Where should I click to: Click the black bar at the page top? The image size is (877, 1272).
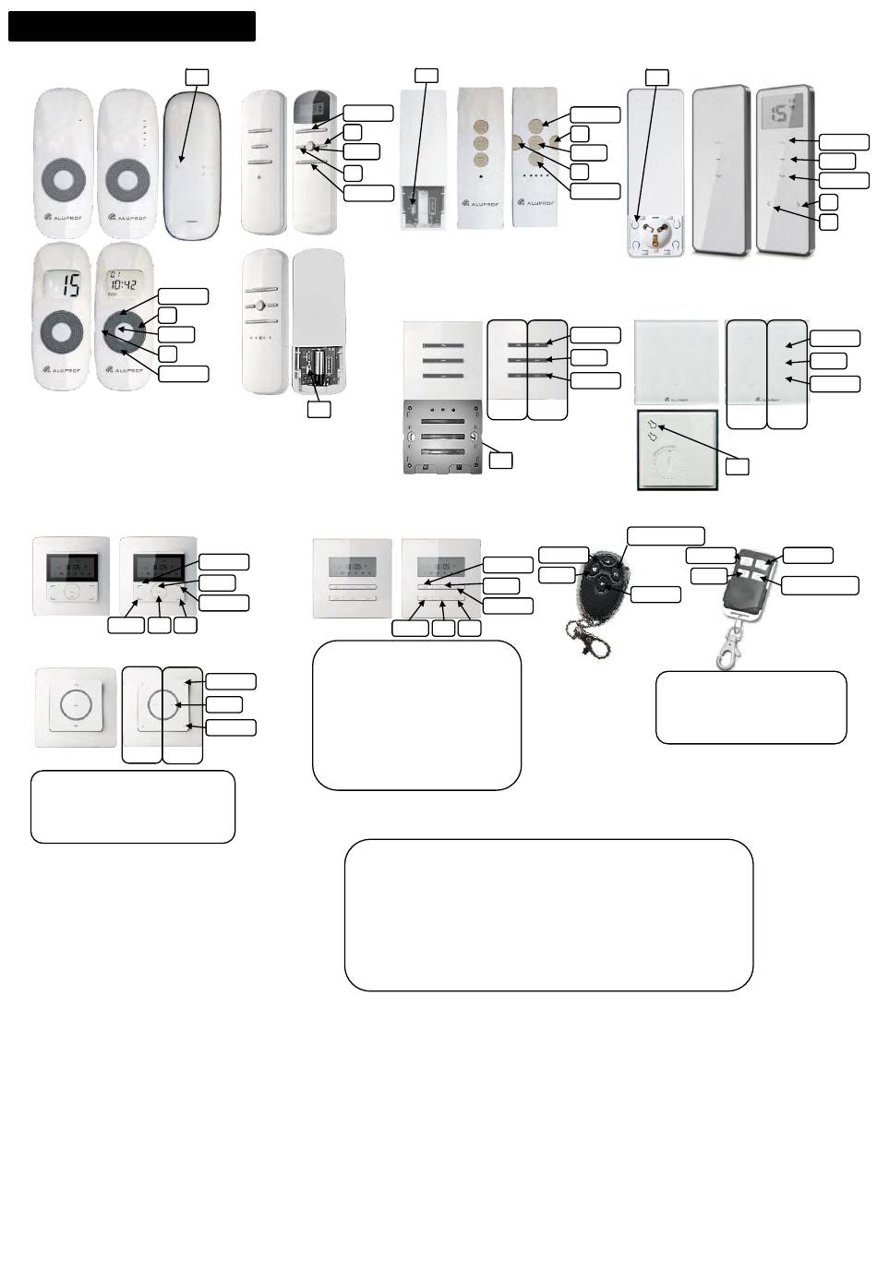[131, 27]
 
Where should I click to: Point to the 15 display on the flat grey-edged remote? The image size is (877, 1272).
[784, 114]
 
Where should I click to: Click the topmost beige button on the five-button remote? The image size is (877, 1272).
[535, 127]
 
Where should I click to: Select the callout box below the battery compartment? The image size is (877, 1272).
[318, 407]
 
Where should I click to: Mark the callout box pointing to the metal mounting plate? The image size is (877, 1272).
[500, 459]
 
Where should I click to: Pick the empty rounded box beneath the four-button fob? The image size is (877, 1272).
[751, 707]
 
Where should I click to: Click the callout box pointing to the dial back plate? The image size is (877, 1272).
[737, 466]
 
